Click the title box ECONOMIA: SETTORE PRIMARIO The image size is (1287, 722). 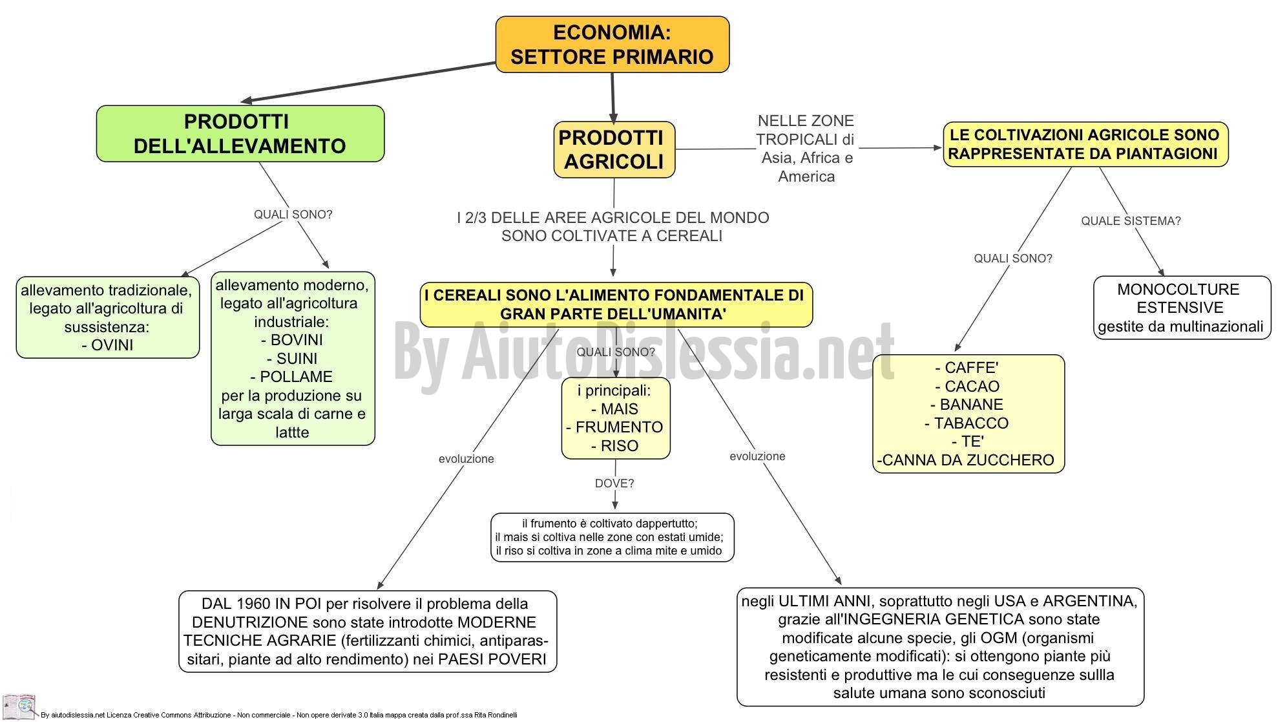tap(612, 44)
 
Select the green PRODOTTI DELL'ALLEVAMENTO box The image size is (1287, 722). tap(240, 134)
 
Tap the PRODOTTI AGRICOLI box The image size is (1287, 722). tap(614, 149)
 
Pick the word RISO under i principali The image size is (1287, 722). tap(619, 446)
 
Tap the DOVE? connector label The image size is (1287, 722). tap(614, 483)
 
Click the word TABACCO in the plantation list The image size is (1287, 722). tap(971, 423)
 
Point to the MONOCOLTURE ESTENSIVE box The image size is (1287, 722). tap(1182, 308)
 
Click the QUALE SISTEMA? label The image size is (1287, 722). tap(1131, 221)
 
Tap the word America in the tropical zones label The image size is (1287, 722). tap(806, 176)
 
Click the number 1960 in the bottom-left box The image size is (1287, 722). tap(253, 604)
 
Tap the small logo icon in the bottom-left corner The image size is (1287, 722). tap(19, 706)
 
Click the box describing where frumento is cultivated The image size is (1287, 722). tap(612, 537)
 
